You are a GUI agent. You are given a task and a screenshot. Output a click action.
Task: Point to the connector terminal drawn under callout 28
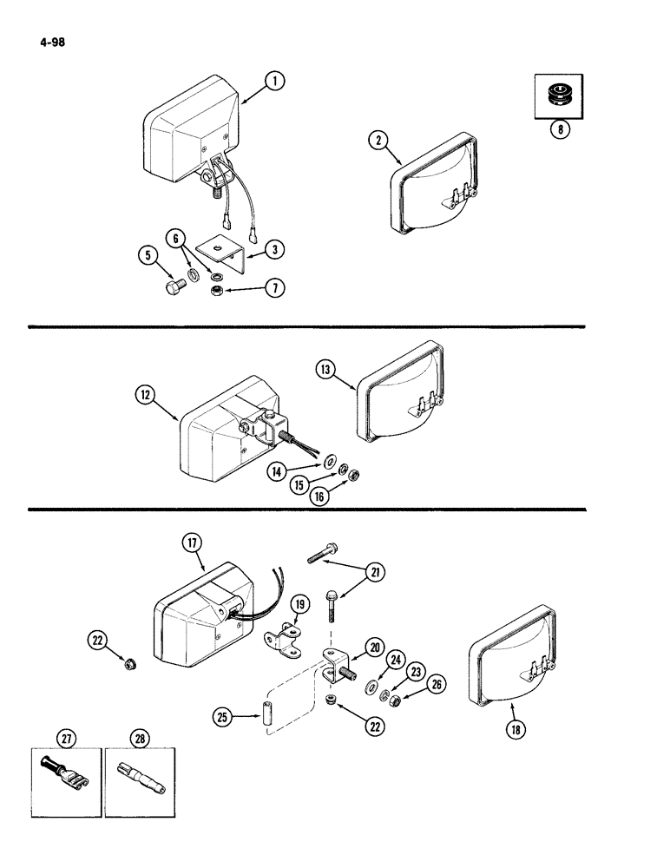point(138,771)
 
